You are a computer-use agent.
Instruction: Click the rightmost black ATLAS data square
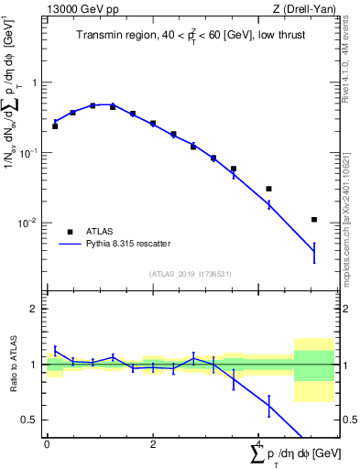[x=314, y=220]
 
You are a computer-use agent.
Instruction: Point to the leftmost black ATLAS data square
[x=55, y=126]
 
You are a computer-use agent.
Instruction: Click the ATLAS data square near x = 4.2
[x=268, y=189]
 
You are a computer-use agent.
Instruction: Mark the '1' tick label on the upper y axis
[x=36, y=82]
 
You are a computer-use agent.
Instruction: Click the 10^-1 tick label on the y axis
[x=30, y=153]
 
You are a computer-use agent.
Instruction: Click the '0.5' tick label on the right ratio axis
[x=348, y=420]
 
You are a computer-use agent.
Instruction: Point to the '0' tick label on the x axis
[x=47, y=443]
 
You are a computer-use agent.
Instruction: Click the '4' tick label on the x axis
[x=259, y=443]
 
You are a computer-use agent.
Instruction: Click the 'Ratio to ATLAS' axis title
[x=12, y=365]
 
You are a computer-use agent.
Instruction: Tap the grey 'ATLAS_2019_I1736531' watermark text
[x=190, y=274]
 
